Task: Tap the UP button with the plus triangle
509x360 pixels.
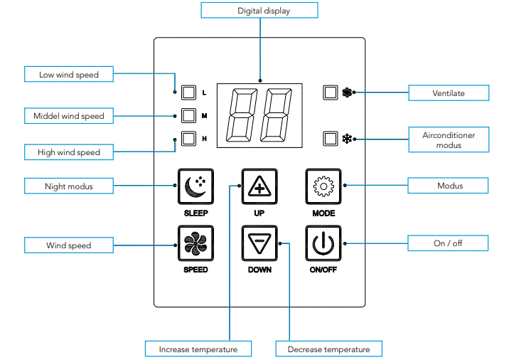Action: click(259, 186)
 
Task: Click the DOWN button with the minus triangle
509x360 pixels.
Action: click(259, 244)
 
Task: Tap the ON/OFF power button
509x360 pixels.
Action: click(323, 244)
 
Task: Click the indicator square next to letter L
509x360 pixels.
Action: click(188, 92)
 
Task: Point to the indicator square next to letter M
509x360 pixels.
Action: click(188, 115)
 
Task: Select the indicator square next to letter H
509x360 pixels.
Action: click(188, 139)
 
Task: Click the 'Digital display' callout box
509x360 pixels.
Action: click(259, 11)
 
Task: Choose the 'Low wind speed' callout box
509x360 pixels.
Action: click(68, 74)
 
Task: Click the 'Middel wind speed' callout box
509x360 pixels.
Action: click(68, 116)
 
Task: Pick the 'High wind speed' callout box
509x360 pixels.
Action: click(68, 152)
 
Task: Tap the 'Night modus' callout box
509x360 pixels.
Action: click(68, 186)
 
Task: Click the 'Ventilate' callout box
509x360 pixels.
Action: click(449, 92)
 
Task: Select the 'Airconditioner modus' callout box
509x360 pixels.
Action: click(449, 139)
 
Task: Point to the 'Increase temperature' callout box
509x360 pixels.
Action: click(198, 349)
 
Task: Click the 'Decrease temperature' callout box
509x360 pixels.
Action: click(328, 349)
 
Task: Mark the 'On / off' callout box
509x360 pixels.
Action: click(448, 243)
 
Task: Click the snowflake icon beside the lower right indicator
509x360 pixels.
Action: click(348, 139)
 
